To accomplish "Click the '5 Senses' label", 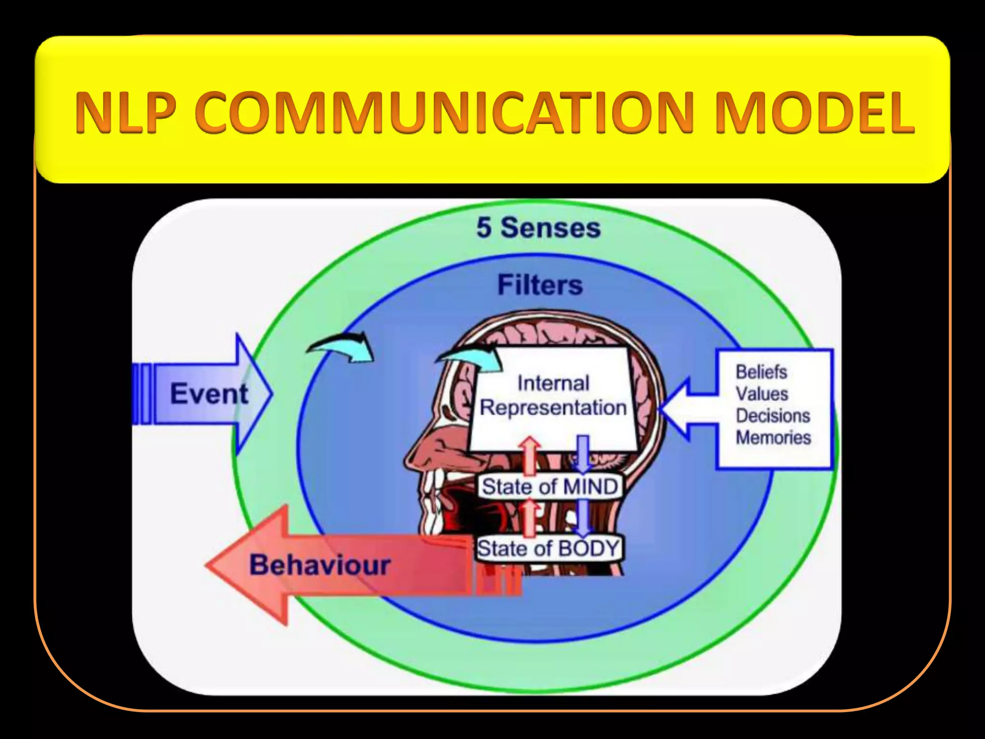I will (x=538, y=228).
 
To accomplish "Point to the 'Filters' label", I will (x=540, y=285).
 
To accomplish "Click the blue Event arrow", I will (x=207, y=394).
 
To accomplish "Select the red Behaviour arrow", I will (x=317, y=565).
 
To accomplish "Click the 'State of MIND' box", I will (x=550, y=486).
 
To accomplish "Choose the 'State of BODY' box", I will (x=548, y=548).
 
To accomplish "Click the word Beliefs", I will (x=761, y=372).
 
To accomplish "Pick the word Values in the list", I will (x=762, y=394).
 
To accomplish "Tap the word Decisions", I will (x=772, y=415).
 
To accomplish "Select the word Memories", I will (x=773, y=437).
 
